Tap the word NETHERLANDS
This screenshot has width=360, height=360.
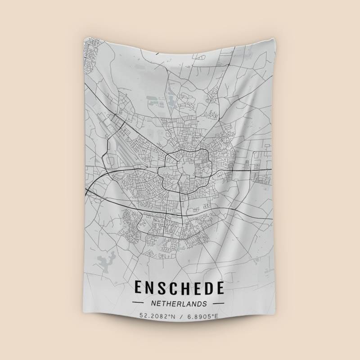click(179, 304)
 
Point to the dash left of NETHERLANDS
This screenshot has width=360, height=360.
click(138, 304)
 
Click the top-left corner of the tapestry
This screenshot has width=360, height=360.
click(85, 37)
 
